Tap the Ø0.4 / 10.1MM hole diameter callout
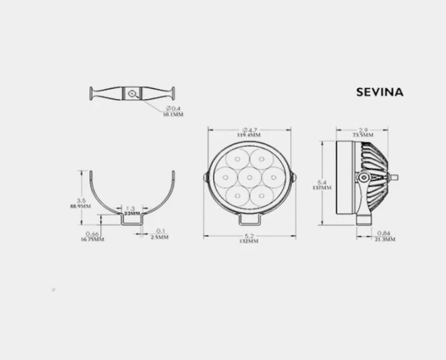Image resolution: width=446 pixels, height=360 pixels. pyautogui.click(x=173, y=111)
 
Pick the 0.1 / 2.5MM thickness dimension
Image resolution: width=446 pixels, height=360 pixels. pyautogui.click(x=160, y=234)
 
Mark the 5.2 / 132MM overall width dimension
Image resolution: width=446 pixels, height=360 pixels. pyautogui.click(x=248, y=238)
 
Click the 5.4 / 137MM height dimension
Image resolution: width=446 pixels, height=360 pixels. pyautogui.click(x=321, y=185)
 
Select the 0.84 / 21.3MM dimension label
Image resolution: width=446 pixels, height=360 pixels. pyautogui.click(x=384, y=235)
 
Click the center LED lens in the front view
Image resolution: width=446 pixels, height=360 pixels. pyautogui.click(x=248, y=178)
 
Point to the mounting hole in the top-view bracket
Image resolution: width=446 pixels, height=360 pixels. pyautogui.click(x=135, y=93)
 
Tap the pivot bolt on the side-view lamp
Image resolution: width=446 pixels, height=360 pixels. pyautogui.click(x=362, y=178)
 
